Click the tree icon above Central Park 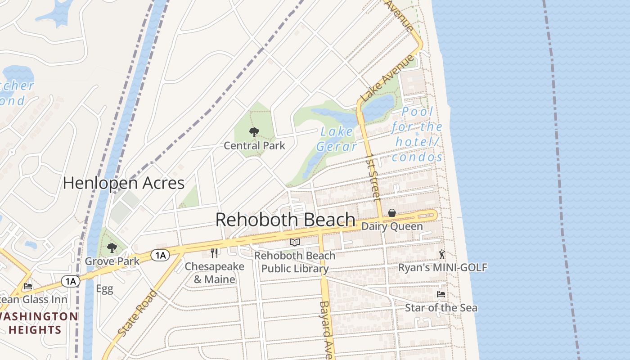(x=254, y=132)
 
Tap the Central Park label (x=255, y=145)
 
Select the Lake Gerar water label (x=337, y=139)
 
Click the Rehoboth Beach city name (x=285, y=220)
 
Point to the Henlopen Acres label (x=124, y=183)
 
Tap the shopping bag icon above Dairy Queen (x=392, y=213)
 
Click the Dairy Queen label (x=392, y=226)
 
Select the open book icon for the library (x=295, y=243)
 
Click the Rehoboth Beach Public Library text (x=295, y=262)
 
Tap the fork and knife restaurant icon (x=214, y=253)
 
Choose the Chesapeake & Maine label (x=214, y=273)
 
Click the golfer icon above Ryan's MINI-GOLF (x=442, y=255)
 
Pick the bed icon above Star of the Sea (x=441, y=294)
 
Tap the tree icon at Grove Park (x=112, y=247)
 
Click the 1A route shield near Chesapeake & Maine (x=160, y=256)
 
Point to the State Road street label (x=138, y=313)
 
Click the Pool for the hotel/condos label (x=418, y=134)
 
